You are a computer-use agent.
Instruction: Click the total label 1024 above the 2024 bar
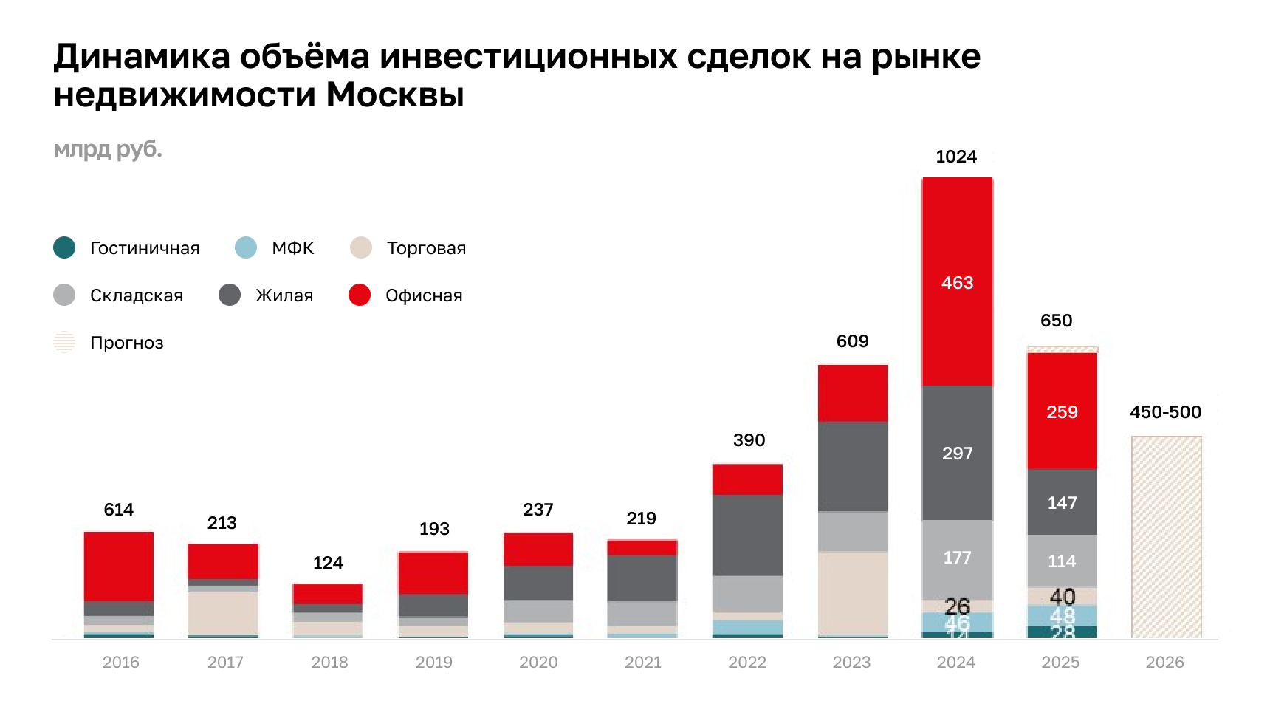pos(955,157)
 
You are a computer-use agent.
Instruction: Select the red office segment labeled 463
pos(957,282)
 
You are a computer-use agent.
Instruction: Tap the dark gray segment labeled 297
pos(957,453)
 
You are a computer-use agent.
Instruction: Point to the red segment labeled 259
pos(1062,411)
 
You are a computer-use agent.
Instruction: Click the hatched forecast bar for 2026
pos(1166,537)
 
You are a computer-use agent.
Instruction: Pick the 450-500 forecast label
pos(1165,412)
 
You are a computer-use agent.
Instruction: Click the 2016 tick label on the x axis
pos(120,662)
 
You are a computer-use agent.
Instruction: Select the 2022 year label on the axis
pos(747,662)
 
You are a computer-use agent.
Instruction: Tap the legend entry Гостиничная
pos(145,248)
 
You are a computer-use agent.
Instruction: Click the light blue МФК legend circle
pos(246,247)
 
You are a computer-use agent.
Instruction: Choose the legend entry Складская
pos(136,295)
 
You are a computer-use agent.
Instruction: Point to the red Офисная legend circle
pos(360,295)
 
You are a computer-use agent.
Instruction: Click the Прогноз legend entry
pos(126,343)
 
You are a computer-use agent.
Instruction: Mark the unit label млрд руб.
pos(108,149)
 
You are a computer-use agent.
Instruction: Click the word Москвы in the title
pos(395,95)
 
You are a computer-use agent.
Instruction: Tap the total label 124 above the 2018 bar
pos(328,563)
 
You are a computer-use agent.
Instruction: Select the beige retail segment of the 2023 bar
pos(852,592)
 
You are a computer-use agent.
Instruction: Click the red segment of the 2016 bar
pos(119,566)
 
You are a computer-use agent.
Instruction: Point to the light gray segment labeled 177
pos(957,558)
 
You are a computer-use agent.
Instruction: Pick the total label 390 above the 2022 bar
pos(749,440)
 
